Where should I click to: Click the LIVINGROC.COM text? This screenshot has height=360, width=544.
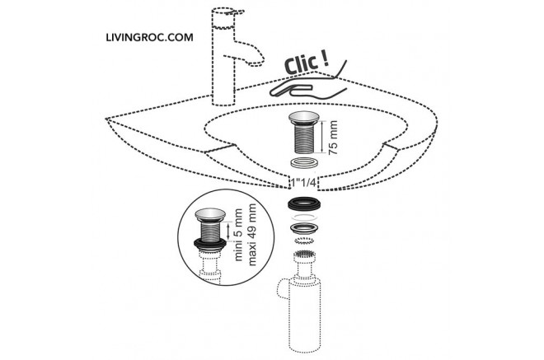(149, 37)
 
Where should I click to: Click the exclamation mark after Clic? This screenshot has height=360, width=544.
(325, 59)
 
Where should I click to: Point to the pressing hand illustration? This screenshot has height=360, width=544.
(308, 85)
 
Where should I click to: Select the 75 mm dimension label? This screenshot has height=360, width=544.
(332, 138)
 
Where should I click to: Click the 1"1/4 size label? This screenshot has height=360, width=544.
(304, 182)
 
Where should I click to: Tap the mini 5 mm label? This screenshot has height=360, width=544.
(239, 235)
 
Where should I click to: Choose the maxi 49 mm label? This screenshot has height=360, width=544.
(252, 235)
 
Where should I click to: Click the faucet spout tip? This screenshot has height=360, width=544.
(256, 63)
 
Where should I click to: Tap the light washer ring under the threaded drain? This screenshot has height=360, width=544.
(304, 162)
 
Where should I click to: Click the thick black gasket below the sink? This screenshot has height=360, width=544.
(304, 204)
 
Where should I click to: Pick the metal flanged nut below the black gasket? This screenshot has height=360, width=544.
(304, 228)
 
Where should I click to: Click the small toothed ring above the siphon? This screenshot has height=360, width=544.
(304, 241)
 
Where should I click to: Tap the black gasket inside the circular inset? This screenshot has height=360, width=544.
(210, 244)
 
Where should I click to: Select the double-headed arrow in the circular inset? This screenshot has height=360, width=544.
(228, 231)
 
